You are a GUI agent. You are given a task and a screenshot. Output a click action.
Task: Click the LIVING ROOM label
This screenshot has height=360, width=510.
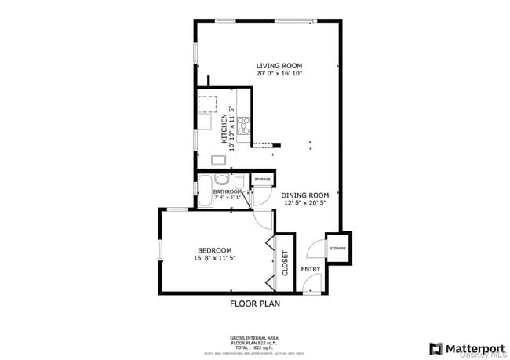click(x=279, y=66)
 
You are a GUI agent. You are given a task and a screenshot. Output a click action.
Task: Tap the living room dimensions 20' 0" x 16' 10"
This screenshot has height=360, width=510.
click(x=279, y=74)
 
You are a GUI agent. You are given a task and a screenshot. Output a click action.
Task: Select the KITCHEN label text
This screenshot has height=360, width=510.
click(x=224, y=127)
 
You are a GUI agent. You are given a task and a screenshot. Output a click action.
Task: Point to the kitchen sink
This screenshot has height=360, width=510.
click(x=220, y=161)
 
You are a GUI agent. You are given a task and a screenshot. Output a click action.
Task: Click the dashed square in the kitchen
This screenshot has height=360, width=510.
click(x=207, y=104)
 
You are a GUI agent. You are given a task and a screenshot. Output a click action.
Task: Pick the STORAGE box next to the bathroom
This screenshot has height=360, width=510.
click(x=261, y=180)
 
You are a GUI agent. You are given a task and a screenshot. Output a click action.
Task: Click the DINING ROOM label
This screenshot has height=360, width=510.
click(x=305, y=195)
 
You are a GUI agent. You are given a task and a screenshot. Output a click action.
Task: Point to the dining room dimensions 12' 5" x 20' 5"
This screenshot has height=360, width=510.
click(x=305, y=203)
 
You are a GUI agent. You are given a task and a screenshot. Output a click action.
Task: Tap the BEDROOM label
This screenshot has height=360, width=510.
click(x=214, y=250)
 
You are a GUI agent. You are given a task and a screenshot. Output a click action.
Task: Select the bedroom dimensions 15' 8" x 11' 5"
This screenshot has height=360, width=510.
click(x=214, y=258)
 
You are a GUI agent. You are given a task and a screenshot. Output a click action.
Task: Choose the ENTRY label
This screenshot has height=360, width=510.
click(x=311, y=270)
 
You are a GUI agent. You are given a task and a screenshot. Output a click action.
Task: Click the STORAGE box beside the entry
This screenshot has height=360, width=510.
click(x=337, y=248)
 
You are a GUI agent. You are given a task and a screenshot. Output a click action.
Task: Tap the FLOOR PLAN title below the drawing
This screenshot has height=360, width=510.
click(x=254, y=304)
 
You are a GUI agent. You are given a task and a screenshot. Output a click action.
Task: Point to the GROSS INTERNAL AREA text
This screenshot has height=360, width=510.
click(x=254, y=337)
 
